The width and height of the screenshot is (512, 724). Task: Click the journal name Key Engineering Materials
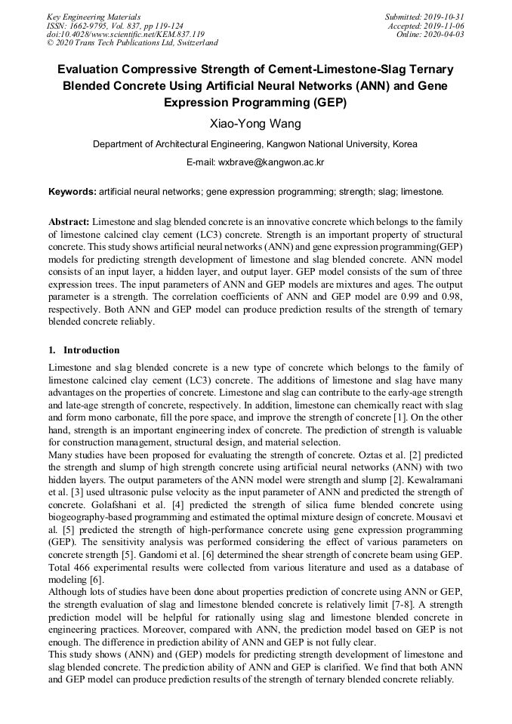pyautogui.click(x=93, y=16)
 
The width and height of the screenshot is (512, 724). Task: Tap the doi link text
pyautogui.click(x=125, y=34)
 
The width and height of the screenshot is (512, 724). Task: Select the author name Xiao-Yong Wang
pyautogui.click(x=255, y=123)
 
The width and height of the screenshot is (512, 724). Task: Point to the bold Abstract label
pyautogui.click(x=69, y=222)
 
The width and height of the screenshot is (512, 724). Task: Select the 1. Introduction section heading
pyautogui.click(x=84, y=350)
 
